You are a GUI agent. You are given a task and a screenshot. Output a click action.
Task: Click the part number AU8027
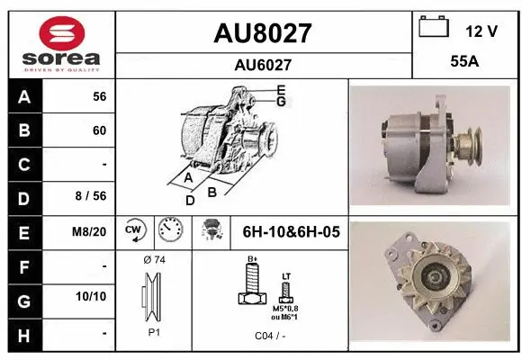pos(262,33)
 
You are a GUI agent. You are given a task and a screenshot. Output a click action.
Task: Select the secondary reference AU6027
pos(262,65)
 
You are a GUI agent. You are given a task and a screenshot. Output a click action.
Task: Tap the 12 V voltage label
pos(481,31)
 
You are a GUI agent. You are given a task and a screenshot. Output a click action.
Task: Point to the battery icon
pos(434,29)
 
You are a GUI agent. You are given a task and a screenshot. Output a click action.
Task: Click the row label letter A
pos(24,96)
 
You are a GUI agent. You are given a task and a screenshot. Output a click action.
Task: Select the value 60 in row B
pos(99,130)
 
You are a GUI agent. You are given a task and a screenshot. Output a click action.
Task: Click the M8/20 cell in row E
pos(90,231)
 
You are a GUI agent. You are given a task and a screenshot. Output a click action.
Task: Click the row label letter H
pos(24,333)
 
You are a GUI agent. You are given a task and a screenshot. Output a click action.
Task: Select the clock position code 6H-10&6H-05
pos(291,232)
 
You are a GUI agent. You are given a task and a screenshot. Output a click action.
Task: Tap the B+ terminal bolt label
pos(252,259)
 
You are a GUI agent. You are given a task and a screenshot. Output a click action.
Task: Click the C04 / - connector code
pos(268,336)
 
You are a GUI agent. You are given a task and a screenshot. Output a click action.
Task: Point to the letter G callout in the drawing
pos(281,102)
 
